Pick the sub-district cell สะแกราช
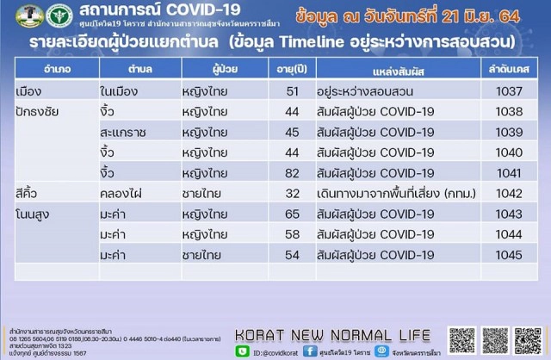(x=122, y=132)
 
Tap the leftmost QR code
(x=461, y=340)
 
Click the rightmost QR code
(x=527, y=340)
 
